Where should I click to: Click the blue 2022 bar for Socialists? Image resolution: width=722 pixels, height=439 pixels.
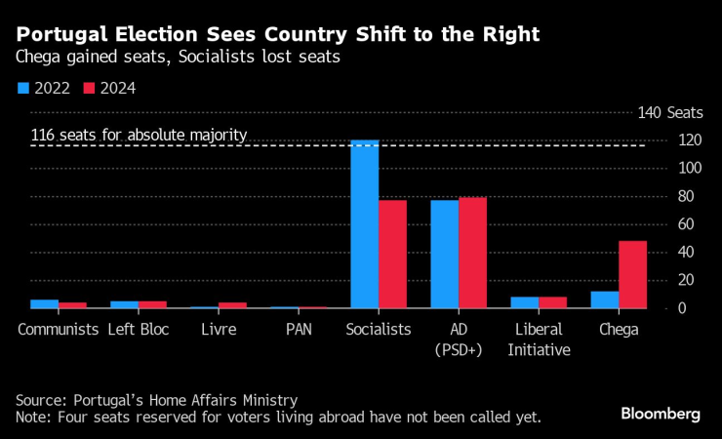pyautogui.click(x=365, y=224)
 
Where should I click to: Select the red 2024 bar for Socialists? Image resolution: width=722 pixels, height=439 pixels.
pyautogui.click(x=393, y=254)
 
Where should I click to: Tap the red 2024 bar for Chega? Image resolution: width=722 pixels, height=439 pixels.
pyautogui.click(x=633, y=274)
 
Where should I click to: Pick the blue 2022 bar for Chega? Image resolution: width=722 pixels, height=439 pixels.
pyautogui.click(x=605, y=299)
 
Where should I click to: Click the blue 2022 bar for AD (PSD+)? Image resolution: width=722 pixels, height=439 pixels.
pyautogui.click(x=445, y=254)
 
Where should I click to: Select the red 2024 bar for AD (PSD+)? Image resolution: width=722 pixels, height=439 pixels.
pyautogui.click(x=473, y=253)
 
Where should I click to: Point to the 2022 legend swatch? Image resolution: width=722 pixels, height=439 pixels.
pyautogui.click(x=22, y=88)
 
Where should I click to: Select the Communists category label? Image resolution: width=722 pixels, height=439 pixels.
pyautogui.click(x=58, y=329)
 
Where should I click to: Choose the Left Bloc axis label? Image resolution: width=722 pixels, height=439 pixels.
pyautogui.click(x=139, y=329)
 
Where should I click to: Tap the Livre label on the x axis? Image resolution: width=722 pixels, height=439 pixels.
pyautogui.click(x=219, y=329)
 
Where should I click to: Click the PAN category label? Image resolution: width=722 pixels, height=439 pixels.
pyautogui.click(x=299, y=329)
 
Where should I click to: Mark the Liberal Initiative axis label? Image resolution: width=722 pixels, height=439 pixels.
pyautogui.click(x=539, y=339)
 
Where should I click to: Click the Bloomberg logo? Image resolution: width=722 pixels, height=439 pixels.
pyautogui.click(x=661, y=414)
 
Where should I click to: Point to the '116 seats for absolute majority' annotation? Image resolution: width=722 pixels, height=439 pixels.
pyautogui.click(x=140, y=135)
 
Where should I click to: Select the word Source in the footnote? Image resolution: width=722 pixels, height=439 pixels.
pyautogui.click(x=39, y=400)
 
